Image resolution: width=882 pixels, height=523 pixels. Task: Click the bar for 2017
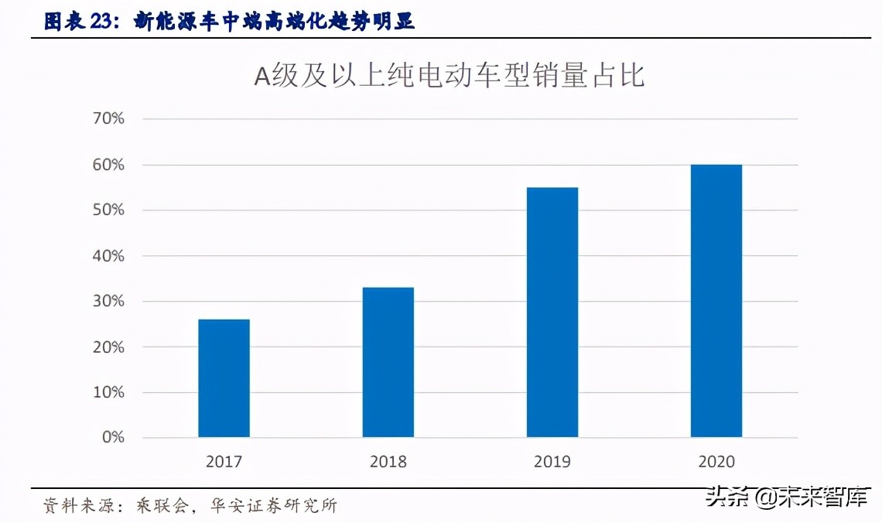(x=224, y=378)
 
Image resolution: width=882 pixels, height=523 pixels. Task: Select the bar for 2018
(x=388, y=362)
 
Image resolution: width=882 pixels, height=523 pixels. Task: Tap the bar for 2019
(x=552, y=312)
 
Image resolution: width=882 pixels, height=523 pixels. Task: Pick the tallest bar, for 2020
(x=716, y=301)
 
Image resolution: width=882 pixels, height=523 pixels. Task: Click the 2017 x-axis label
(x=224, y=462)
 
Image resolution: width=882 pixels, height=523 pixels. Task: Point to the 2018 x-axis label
(x=388, y=462)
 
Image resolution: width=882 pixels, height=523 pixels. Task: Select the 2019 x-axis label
(x=552, y=462)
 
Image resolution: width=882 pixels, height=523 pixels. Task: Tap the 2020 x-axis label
(x=716, y=462)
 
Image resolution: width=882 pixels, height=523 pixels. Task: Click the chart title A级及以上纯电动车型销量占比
(x=449, y=76)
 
